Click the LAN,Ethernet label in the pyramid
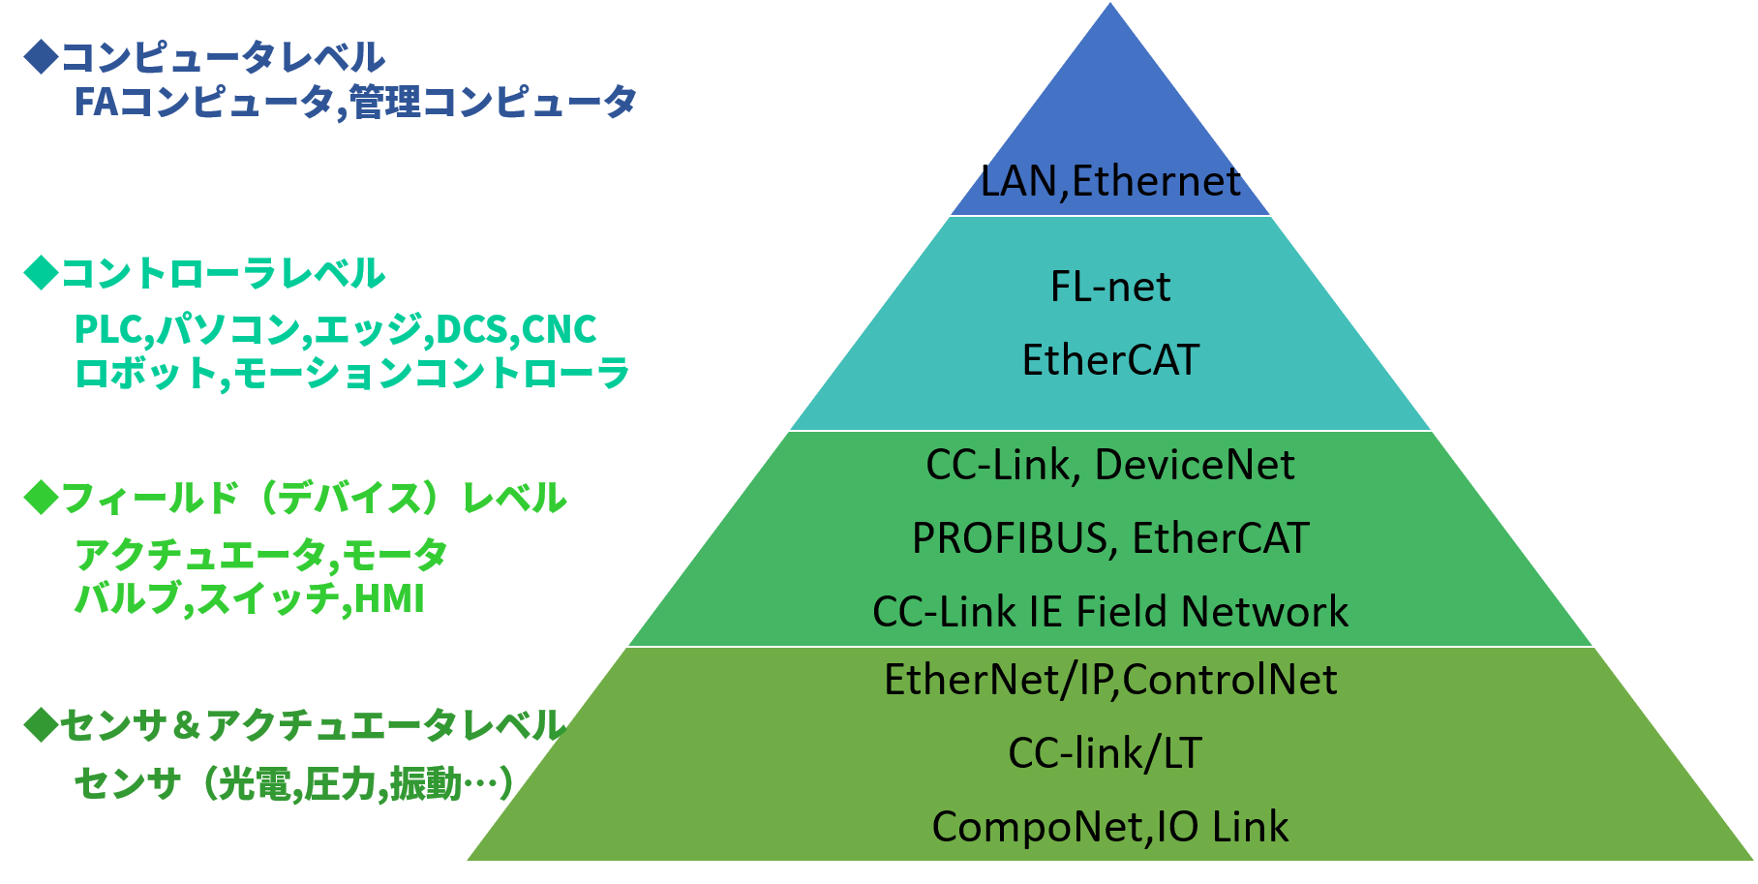(x=1110, y=181)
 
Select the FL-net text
(x=1110, y=287)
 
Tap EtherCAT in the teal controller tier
(x=1110, y=360)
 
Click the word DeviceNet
(x=1194, y=465)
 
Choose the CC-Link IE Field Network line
(x=1110, y=612)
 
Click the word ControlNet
(x=1229, y=680)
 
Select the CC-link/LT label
(x=1105, y=753)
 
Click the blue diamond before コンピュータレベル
(x=42, y=57)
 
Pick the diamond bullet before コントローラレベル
(x=42, y=273)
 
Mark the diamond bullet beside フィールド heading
(x=42, y=498)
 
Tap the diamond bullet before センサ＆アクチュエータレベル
(x=42, y=724)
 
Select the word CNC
(x=559, y=329)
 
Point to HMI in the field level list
(x=389, y=599)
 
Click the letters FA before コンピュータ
(x=97, y=102)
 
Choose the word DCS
(x=471, y=329)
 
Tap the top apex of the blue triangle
(x=1110, y=6)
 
